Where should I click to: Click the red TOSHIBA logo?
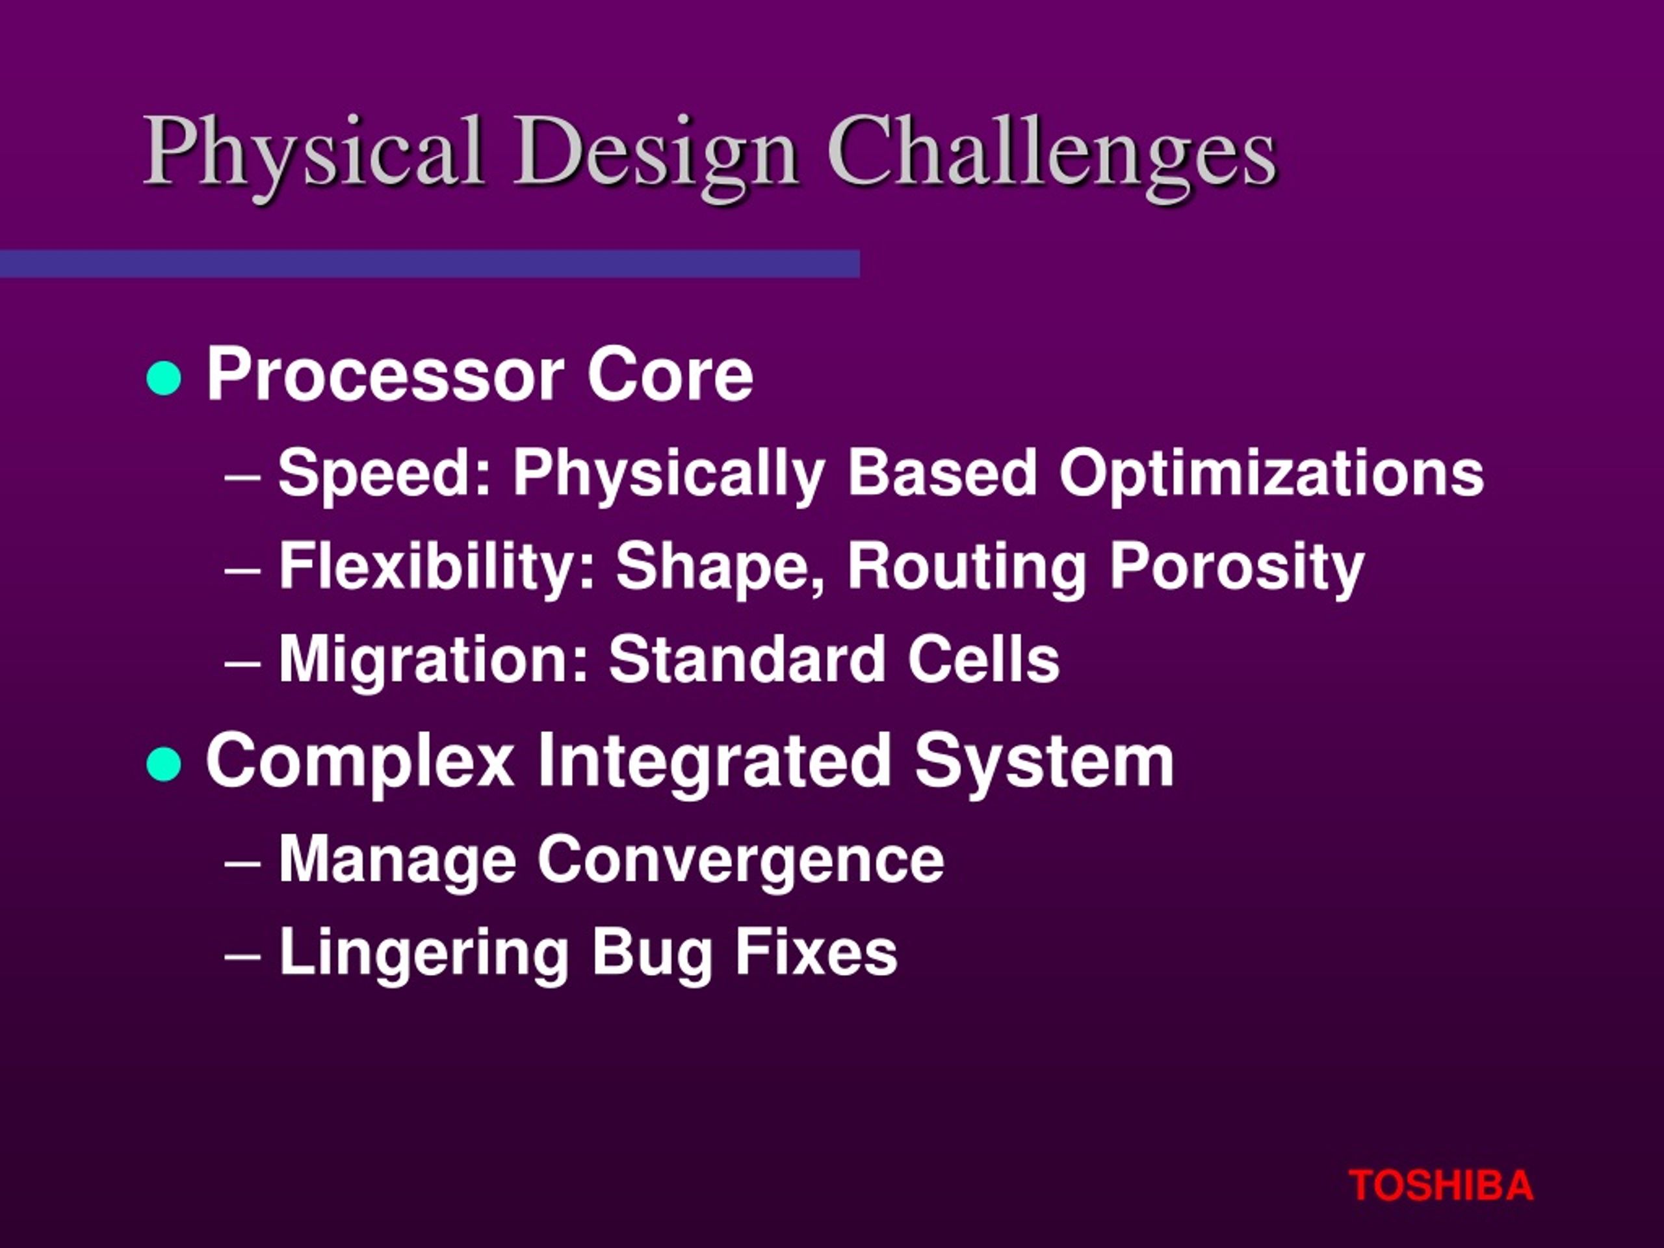point(1440,1186)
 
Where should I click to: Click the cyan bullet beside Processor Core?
point(164,378)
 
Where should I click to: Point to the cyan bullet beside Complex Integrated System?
point(164,765)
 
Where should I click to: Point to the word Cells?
point(983,659)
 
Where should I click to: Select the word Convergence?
point(741,859)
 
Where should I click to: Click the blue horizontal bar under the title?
point(430,264)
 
